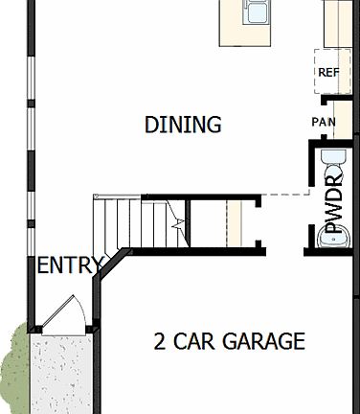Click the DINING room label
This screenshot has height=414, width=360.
pyautogui.click(x=183, y=125)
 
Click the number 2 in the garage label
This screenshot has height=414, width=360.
pyautogui.click(x=160, y=341)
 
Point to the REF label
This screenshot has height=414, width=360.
pyautogui.click(x=328, y=72)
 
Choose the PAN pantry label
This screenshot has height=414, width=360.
pyautogui.click(x=323, y=122)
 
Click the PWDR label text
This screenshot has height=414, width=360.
pyautogui.click(x=334, y=205)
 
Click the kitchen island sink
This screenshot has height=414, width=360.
pyautogui.click(x=257, y=12)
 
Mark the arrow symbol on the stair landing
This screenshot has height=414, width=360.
pyautogui.click(x=176, y=223)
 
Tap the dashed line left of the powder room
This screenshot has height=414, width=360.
pyautogui.click(x=284, y=195)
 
